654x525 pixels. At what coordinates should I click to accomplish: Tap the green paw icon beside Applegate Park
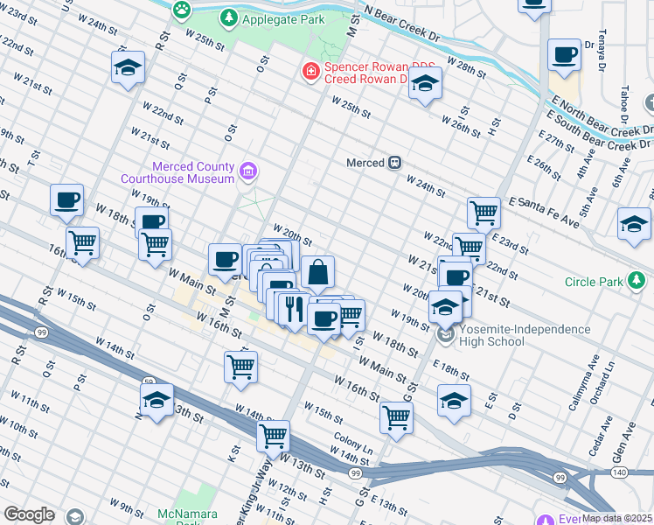point(182,10)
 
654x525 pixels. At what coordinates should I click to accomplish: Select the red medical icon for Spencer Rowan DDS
point(310,70)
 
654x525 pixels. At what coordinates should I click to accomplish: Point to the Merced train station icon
point(395,163)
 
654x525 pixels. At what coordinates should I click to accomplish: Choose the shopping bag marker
point(318,273)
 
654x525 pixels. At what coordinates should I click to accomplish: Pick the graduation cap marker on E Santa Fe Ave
point(634,224)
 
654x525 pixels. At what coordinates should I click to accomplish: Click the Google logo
point(30,514)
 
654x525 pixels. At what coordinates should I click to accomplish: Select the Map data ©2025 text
point(616,518)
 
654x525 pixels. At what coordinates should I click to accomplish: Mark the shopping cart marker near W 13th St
point(274,436)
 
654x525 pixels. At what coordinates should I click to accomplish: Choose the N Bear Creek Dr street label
point(401,22)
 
